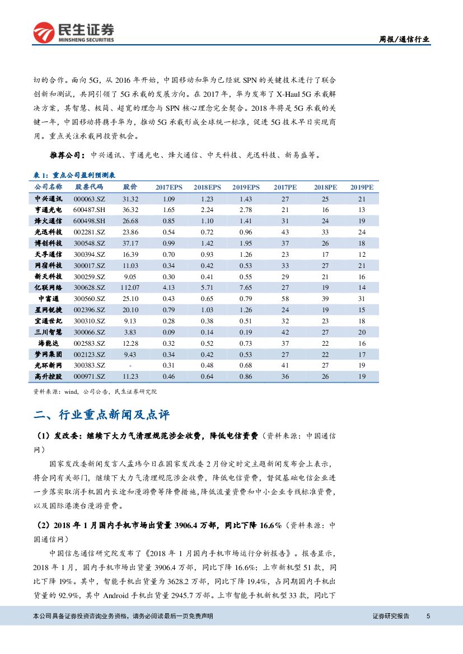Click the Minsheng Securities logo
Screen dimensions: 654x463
point(73,33)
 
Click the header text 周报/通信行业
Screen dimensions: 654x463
point(405,39)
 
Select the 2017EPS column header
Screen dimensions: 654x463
point(169,187)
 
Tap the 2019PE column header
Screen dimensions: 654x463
point(362,187)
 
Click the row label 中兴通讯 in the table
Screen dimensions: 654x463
point(48,199)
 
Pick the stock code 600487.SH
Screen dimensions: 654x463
point(90,209)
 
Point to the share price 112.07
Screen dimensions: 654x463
point(130,287)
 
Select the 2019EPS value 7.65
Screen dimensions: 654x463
point(246,287)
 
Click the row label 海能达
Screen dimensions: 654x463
point(48,342)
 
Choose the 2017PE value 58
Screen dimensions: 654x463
point(285,298)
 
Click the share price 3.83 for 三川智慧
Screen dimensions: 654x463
point(130,331)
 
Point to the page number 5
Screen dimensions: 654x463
point(428,616)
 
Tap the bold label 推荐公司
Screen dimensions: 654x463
point(67,155)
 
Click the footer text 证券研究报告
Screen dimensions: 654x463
point(391,616)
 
